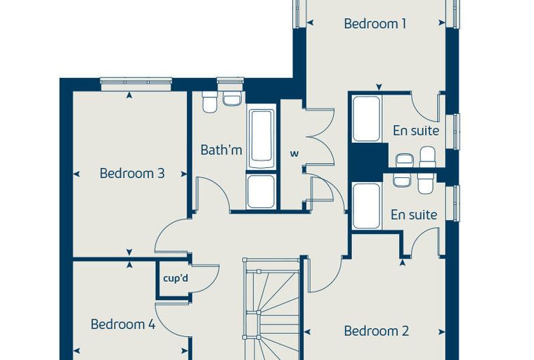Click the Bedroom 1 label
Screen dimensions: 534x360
click(x=375, y=24)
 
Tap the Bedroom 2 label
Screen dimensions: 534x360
click(x=376, y=330)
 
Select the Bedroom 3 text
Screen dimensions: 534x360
click(x=132, y=173)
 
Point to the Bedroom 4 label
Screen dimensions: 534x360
click(x=123, y=324)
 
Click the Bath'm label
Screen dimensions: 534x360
click(x=221, y=150)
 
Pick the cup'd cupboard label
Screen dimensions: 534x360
click(x=176, y=278)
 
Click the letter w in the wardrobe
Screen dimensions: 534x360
click(x=294, y=154)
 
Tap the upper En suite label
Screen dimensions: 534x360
click(x=416, y=131)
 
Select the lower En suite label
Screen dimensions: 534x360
click(x=414, y=214)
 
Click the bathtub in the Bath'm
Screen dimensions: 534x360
click(x=261, y=139)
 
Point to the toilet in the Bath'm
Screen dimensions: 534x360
click(x=209, y=101)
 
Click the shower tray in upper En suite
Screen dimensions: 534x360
click(x=367, y=119)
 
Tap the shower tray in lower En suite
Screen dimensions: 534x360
click(x=367, y=206)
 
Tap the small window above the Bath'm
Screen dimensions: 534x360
click(x=230, y=81)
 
